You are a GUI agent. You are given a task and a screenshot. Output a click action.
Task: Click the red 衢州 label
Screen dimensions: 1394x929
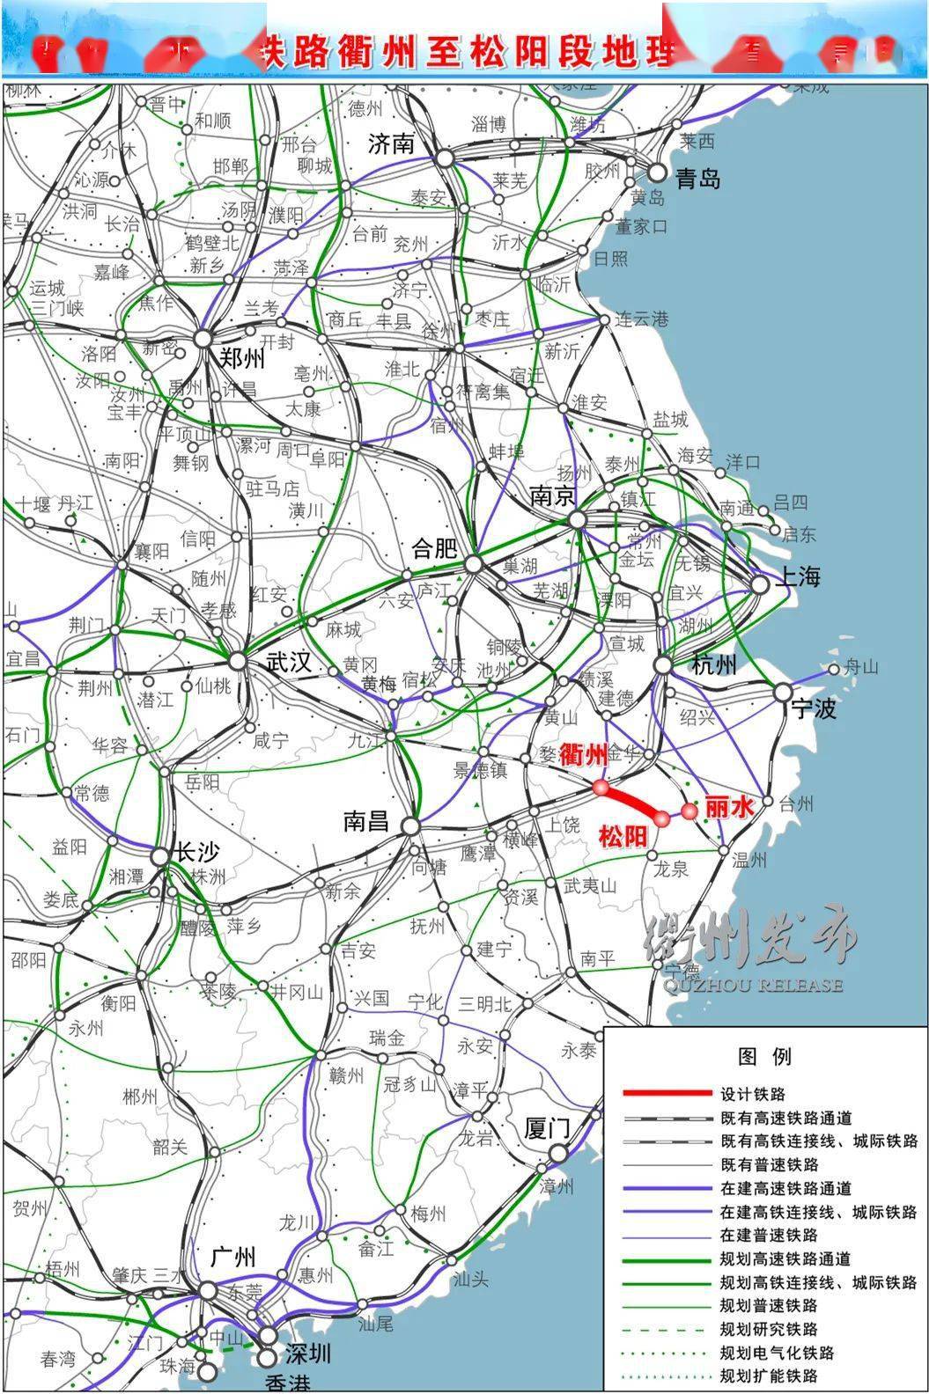pyautogui.click(x=583, y=754)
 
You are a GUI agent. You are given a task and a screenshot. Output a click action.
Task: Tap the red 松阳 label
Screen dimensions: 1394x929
pyautogui.click(x=623, y=836)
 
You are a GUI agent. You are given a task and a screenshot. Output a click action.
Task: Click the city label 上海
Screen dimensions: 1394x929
pyautogui.click(x=797, y=576)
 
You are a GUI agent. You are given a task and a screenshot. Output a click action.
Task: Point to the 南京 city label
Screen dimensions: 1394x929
pyautogui.click(x=552, y=496)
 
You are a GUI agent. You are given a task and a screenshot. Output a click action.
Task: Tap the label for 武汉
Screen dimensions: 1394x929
pyautogui.click(x=288, y=662)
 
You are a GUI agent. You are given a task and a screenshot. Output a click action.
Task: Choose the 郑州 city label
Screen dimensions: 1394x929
pyautogui.click(x=240, y=359)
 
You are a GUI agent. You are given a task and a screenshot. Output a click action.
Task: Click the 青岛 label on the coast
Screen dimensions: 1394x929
pyautogui.click(x=697, y=179)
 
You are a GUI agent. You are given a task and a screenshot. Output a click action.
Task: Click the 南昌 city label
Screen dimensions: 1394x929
pyautogui.click(x=366, y=822)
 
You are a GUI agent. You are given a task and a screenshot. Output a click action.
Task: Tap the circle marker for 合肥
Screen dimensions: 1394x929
pyautogui.click(x=474, y=564)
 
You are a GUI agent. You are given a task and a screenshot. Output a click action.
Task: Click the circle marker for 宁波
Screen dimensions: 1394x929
pyautogui.click(x=783, y=693)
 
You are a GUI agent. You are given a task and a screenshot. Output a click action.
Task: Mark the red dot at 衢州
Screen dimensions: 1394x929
pyautogui.click(x=601, y=786)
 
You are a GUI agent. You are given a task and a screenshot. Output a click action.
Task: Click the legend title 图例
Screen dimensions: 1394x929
pyautogui.click(x=764, y=1056)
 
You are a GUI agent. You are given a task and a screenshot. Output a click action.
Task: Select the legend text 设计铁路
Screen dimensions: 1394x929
pyautogui.click(x=752, y=1094)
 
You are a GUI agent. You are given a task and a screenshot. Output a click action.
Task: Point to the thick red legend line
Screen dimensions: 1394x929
pyautogui.click(x=667, y=1094)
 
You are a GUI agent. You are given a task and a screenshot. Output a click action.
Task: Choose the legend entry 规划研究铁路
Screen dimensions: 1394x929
pyautogui.click(x=768, y=1329)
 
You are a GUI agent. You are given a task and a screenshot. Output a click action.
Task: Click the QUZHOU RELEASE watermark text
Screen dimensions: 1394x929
pyautogui.click(x=745, y=985)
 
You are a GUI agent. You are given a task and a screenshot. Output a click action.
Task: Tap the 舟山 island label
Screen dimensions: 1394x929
pyautogui.click(x=861, y=666)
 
